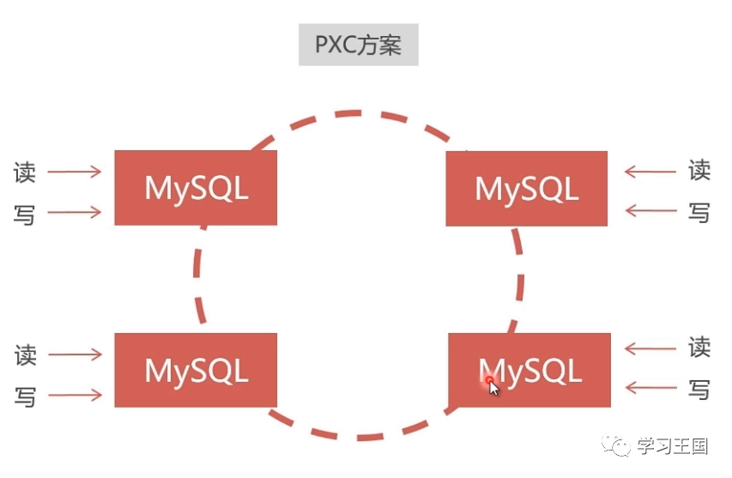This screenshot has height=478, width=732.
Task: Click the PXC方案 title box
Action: coord(358,45)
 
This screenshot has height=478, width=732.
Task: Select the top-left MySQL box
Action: coord(196,188)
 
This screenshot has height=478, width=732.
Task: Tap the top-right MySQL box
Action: coord(526,189)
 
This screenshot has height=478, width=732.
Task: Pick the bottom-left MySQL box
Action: coord(196,370)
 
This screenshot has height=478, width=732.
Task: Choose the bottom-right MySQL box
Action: coord(529,370)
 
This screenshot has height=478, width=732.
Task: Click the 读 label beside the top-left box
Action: coord(25,172)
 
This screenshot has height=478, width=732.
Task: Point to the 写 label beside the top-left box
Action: coord(25,213)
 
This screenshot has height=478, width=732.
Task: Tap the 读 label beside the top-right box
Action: coord(699,171)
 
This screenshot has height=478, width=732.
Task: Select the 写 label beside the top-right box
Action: coord(699,211)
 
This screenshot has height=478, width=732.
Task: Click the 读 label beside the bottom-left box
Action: coord(25,354)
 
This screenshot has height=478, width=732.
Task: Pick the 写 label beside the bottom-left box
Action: coord(25,396)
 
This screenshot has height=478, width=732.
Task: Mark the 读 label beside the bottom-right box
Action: coord(699,348)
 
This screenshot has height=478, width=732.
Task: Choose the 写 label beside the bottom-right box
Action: coord(699,389)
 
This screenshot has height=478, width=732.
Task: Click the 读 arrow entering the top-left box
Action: coord(74,172)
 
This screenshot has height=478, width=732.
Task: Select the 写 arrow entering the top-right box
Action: coord(650,211)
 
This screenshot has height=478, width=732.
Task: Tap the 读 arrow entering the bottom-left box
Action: coord(74,354)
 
